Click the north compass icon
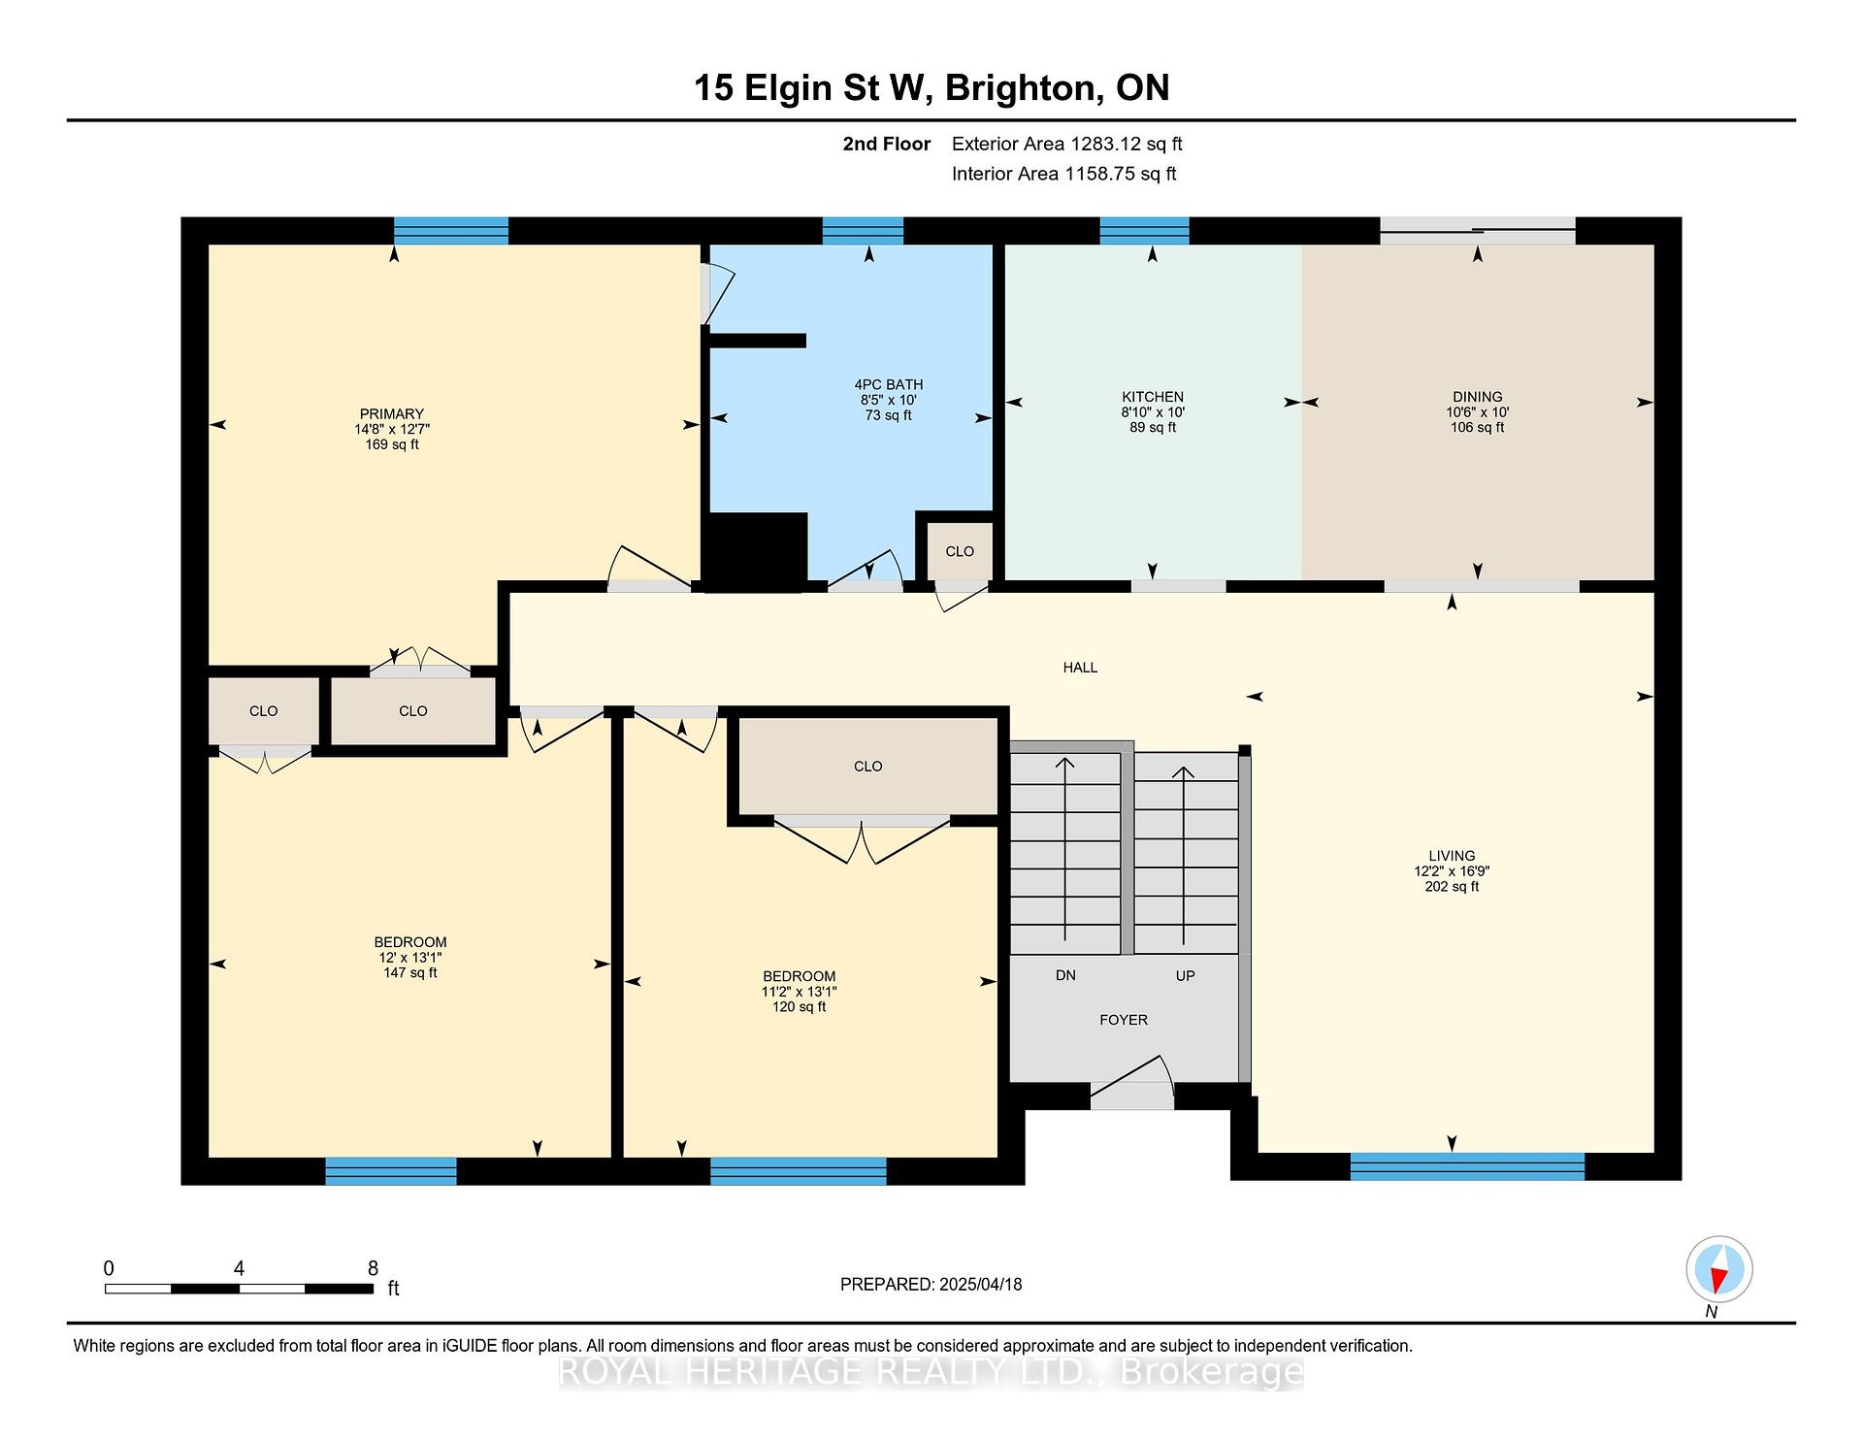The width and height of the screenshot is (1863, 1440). [x=1718, y=1269]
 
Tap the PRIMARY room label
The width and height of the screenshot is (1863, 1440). [x=392, y=414]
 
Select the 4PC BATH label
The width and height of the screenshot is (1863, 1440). [x=889, y=384]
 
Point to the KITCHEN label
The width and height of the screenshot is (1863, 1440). [x=1153, y=397]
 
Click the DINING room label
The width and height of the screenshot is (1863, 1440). [x=1478, y=397]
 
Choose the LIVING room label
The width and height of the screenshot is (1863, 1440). [x=1452, y=856]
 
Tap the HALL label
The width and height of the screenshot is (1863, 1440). [x=1080, y=668]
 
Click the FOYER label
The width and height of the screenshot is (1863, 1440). [x=1124, y=1020]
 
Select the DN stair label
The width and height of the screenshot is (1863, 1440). [x=1065, y=975]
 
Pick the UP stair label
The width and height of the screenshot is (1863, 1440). [x=1185, y=975]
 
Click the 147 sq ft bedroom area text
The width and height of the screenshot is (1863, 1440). [x=410, y=972]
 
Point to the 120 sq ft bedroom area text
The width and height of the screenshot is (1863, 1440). [x=799, y=1006]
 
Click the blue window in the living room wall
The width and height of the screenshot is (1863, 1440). [x=1467, y=1166]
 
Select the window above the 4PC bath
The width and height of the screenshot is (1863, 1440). [x=863, y=231]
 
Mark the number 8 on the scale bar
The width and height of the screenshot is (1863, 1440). [x=373, y=1268]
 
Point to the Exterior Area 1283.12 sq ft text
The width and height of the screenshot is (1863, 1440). [x=1066, y=145]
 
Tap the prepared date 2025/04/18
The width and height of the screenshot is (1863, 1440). [x=980, y=1285]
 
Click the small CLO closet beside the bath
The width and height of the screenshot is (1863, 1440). [x=960, y=551]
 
